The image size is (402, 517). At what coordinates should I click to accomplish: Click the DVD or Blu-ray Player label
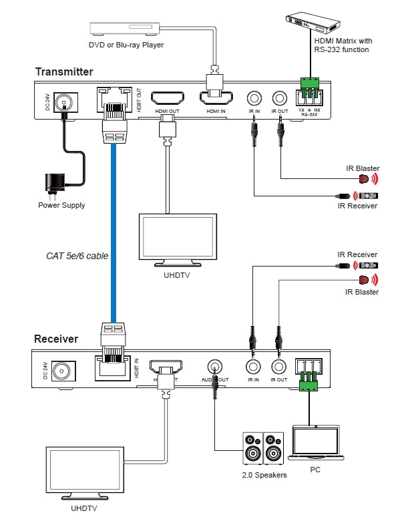pos(126,45)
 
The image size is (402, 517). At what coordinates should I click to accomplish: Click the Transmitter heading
pos(64,71)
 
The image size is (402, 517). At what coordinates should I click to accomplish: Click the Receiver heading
pos(56,339)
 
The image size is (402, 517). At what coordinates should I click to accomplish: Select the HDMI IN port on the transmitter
pos(215,99)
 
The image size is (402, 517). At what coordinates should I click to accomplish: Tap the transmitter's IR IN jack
pos(254,98)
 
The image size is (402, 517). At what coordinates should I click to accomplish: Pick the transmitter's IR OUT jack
pos(278,98)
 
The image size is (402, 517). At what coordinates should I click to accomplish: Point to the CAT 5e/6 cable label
pos(77,255)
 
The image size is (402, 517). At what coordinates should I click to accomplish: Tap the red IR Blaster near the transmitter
pos(365,178)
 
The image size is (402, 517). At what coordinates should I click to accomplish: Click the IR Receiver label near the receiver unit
pos(357,254)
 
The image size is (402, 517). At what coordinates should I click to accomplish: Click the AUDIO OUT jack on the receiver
pos(215,367)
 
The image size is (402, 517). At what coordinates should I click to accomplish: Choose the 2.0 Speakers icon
pos(263,448)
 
